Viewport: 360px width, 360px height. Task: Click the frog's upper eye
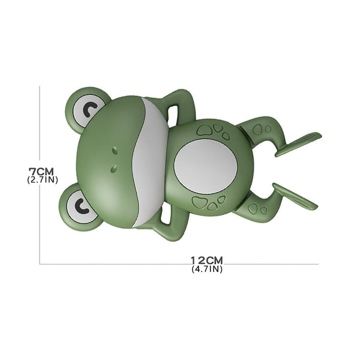point(90,110)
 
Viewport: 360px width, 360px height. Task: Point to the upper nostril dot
point(114,148)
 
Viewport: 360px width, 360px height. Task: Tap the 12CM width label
point(207,260)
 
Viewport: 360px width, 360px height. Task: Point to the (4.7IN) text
point(207,269)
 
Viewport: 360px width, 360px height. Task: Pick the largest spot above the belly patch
point(205,129)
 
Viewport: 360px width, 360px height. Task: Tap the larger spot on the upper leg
point(257,130)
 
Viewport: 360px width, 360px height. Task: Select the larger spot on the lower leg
point(253,208)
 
